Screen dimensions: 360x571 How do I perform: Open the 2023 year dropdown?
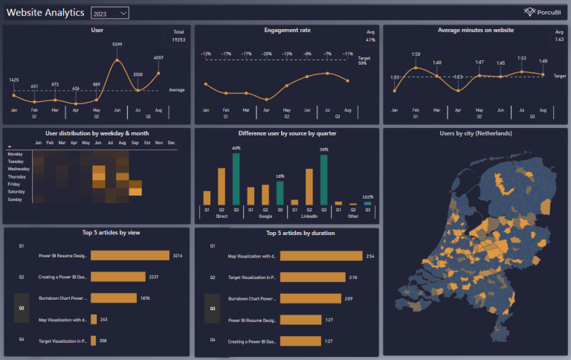click(109, 13)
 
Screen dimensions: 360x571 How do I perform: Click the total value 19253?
click(178, 39)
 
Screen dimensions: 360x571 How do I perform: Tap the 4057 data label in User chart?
click(158, 57)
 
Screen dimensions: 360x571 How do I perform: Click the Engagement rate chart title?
click(287, 30)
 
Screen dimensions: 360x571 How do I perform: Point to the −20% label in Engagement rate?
click(265, 54)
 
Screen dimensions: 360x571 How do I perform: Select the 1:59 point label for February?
click(416, 54)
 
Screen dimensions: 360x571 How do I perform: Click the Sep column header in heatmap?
click(135, 142)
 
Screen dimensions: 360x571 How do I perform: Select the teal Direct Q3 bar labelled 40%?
click(236, 179)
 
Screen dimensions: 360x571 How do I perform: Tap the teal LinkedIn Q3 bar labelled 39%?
click(323, 179)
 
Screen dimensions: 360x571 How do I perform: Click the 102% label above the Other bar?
click(367, 197)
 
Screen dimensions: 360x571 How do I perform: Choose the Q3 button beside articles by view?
click(22, 308)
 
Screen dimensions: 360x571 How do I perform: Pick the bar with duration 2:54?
click(321, 256)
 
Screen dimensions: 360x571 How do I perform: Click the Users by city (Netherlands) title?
click(475, 133)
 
